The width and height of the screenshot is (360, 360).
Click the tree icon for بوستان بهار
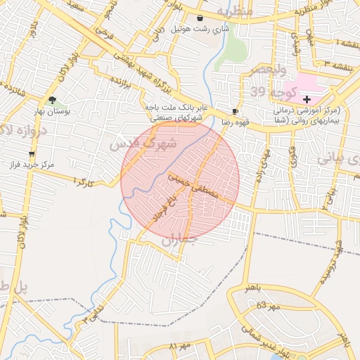[52, 100]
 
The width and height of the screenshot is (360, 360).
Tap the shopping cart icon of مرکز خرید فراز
[32, 153]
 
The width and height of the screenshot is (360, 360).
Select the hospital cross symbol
[307, 100]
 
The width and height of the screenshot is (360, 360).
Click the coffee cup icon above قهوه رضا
[235, 111]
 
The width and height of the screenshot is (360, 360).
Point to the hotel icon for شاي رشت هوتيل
[201, 18]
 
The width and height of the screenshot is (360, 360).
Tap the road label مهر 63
[268, 306]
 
